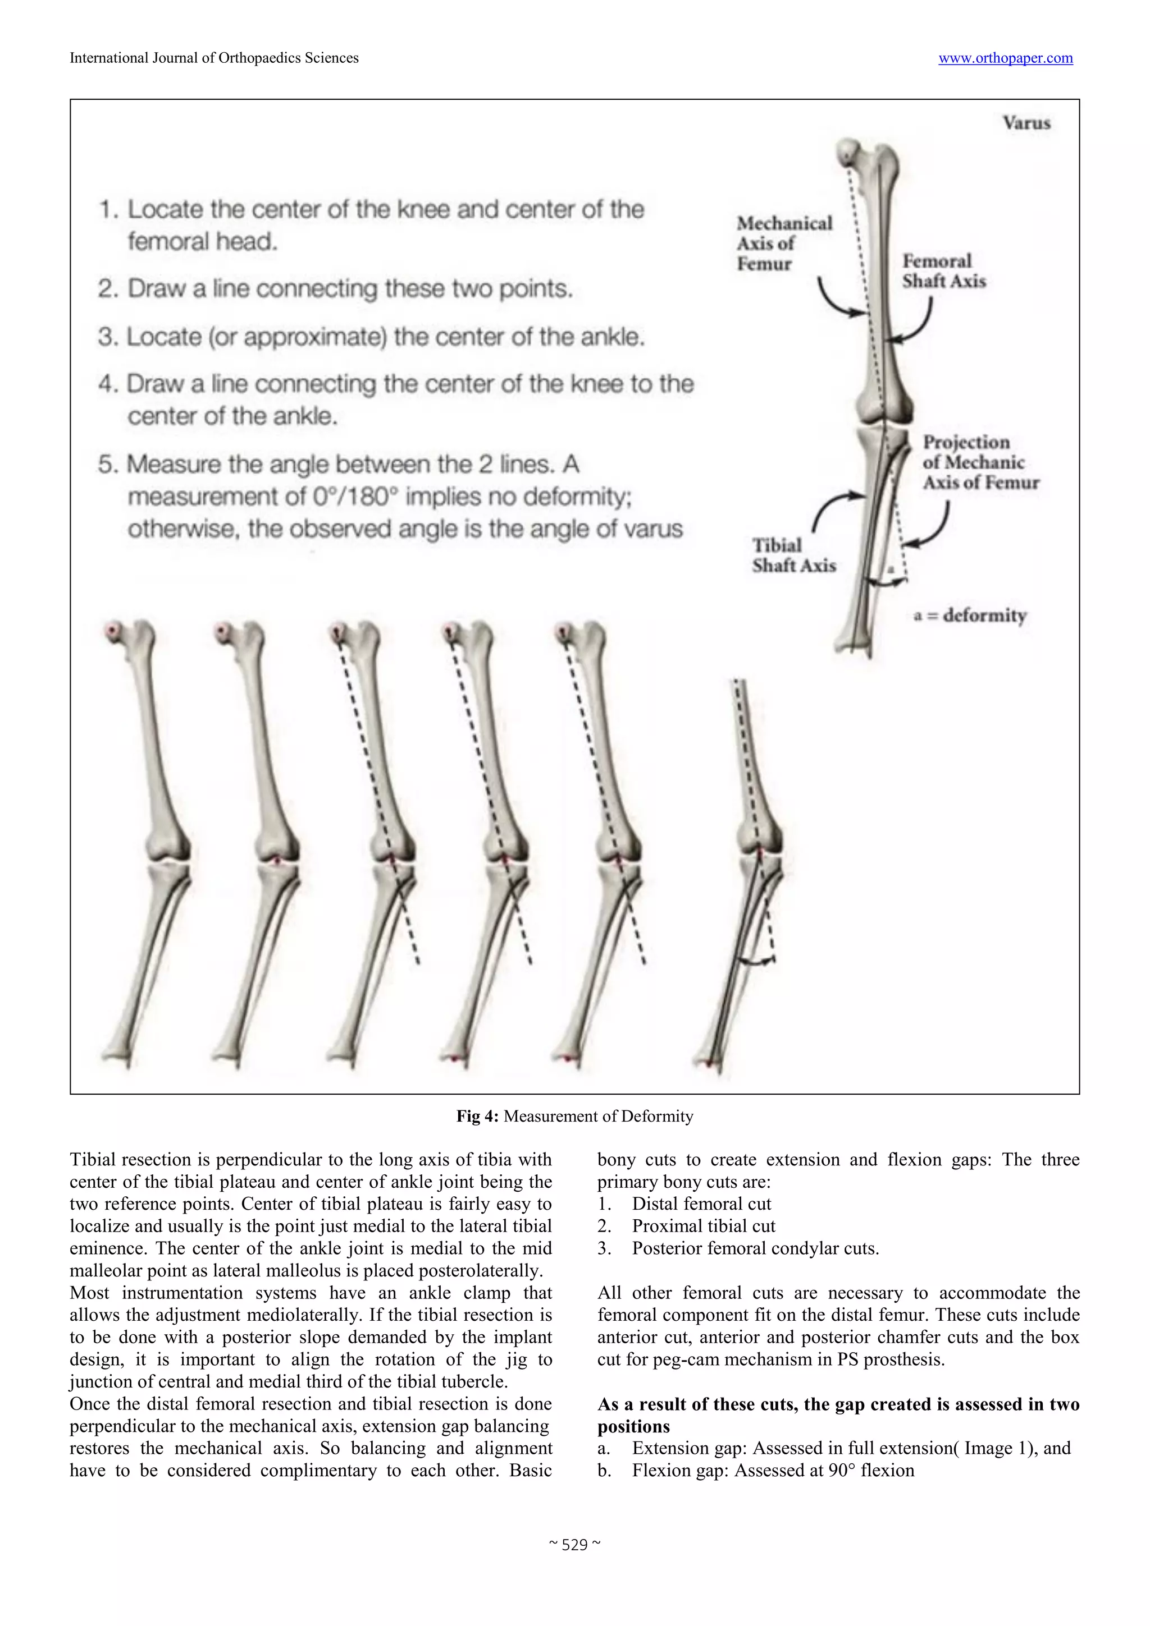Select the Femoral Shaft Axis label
click(x=943, y=270)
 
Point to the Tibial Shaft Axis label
click(x=793, y=555)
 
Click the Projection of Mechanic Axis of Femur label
click(x=980, y=462)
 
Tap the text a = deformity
click(x=969, y=615)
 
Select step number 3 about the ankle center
click(x=371, y=337)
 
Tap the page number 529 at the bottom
click(x=574, y=1545)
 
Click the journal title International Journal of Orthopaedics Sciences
click(x=214, y=58)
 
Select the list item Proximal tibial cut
click(x=703, y=1226)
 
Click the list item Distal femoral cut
click(x=701, y=1204)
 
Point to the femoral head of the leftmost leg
click(x=112, y=630)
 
